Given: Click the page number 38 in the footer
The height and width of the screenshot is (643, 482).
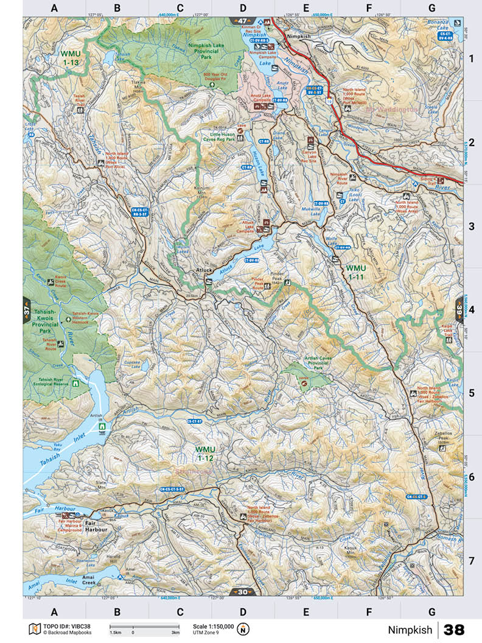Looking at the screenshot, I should point(460,629).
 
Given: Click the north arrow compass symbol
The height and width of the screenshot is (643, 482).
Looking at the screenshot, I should point(243,628).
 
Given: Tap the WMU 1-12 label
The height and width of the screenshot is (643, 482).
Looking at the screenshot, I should point(206,453).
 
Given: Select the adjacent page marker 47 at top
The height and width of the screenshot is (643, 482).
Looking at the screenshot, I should point(242,21).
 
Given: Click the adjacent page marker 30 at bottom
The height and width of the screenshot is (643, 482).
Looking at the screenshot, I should point(242,591).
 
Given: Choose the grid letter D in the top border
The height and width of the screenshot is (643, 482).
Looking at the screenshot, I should point(243,8).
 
